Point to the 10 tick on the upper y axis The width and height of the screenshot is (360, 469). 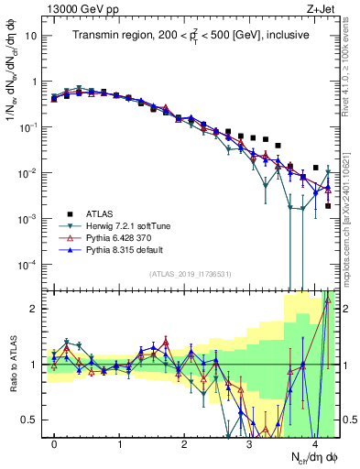click(x=33, y=36)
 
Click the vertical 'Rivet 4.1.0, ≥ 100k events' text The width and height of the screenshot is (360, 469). click(x=352, y=73)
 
